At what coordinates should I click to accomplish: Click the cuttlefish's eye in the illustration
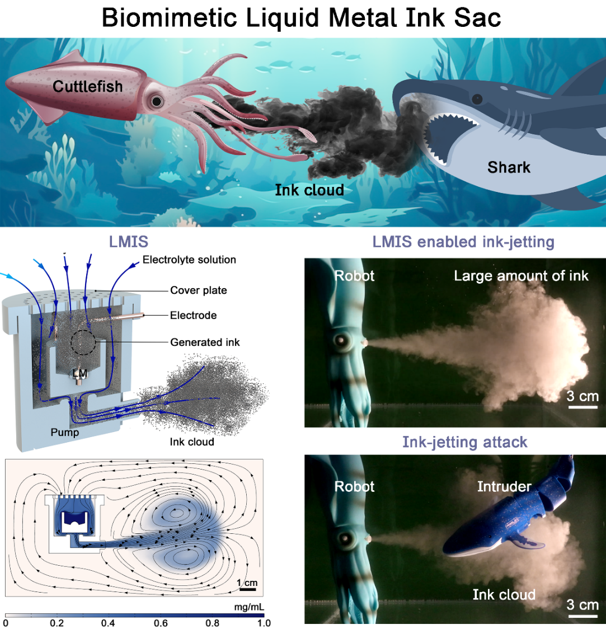pyautogui.click(x=157, y=101)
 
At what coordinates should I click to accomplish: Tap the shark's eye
pyautogui.click(x=477, y=99)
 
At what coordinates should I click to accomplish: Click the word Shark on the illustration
pyautogui.click(x=509, y=167)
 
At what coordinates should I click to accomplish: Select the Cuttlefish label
pyautogui.click(x=88, y=86)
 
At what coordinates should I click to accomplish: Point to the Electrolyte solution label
pyautogui.click(x=189, y=260)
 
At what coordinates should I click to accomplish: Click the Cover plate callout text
pyautogui.click(x=198, y=290)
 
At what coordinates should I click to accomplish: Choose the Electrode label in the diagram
pyautogui.click(x=193, y=315)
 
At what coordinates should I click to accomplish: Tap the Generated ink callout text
pyautogui.click(x=205, y=342)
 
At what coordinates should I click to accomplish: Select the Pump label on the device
pyautogui.click(x=65, y=432)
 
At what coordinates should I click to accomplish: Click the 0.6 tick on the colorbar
pyautogui.click(x=161, y=623)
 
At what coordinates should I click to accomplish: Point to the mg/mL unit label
pyautogui.click(x=249, y=607)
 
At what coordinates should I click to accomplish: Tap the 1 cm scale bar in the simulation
pyautogui.click(x=247, y=589)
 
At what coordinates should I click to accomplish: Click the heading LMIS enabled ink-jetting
pyautogui.click(x=463, y=242)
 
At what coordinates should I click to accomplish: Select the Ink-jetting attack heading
pyautogui.click(x=464, y=442)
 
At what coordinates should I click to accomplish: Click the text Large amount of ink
pyautogui.click(x=521, y=275)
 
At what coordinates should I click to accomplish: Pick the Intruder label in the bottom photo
pyautogui.click(x=504, y=486)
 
